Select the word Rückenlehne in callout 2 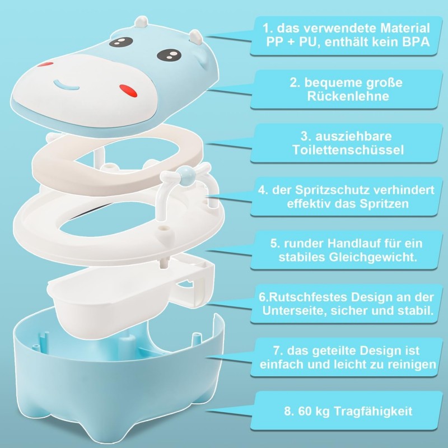coord(347,96)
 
